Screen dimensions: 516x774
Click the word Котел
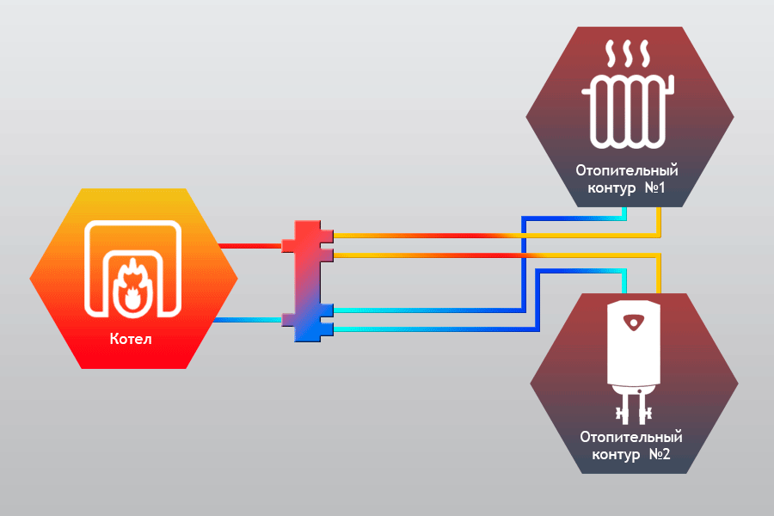131,338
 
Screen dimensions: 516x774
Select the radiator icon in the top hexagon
628,111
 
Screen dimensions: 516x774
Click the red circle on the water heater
634,323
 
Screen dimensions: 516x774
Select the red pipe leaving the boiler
250,246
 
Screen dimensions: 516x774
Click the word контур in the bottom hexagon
611,453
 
